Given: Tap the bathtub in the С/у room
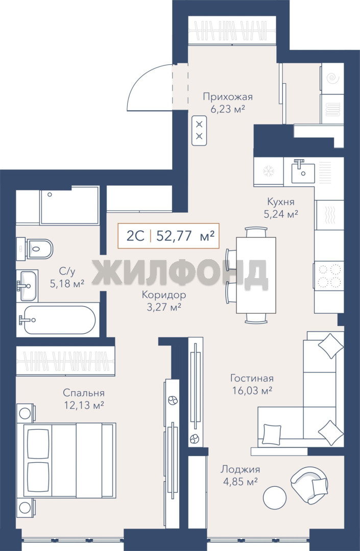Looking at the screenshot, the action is pyautogui.click(x=56, y=320).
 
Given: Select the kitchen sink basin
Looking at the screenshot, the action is pyautogui.click(x=303, y=171).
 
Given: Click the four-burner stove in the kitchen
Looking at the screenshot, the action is pyautogui.click(x=329, y=276).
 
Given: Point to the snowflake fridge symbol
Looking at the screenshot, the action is pyautogui.click(x=269, y=171).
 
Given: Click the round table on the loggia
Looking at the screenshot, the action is pyautogui.click(x=275, y=497).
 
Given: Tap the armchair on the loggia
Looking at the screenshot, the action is pyautogui.click(x=309, y=485).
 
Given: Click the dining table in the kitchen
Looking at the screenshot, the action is pyautogui.click(x=256, y=275).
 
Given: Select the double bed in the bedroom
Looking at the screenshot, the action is pyautogui.click(x=69, y=460).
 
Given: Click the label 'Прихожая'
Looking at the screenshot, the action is pyautogui.click(x=228, y=96).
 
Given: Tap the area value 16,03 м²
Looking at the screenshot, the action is pyautogui.click(x=252, y=390).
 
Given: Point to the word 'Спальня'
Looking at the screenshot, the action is pyautogui.click(x=84, y=393).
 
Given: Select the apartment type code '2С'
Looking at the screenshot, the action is pyautogui.click(x=135, y=236).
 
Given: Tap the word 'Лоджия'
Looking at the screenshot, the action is pyautogui.click(x=241, y=469).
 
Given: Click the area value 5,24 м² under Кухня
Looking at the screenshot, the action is pyautogui.click(x=281, y=214).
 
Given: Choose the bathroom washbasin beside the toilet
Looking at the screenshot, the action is pyautogui.click(x=27, y=285).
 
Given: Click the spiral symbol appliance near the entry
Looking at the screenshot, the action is pyautogui.click(x=332, y=79).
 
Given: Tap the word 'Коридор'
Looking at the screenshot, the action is pyautogui.click(x=164, y=295).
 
